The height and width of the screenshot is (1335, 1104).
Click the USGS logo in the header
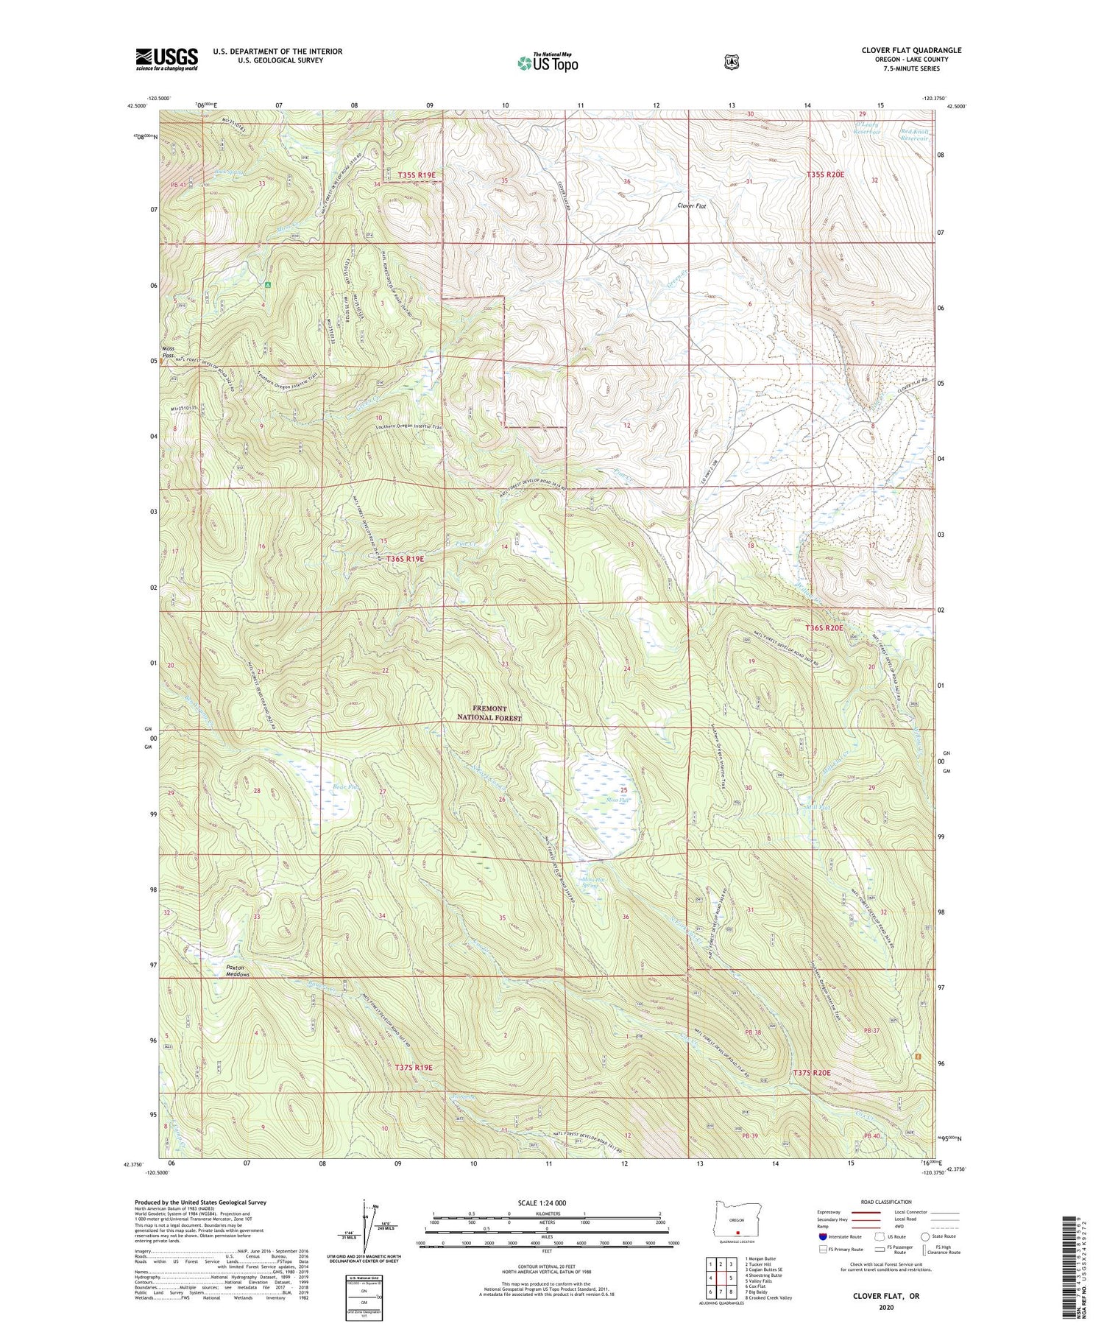[166, 59]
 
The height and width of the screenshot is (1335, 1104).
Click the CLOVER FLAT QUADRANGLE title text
[911, 50]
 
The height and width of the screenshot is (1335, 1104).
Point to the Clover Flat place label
[692, 207]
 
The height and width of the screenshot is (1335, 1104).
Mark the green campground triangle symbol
[268, 284]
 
